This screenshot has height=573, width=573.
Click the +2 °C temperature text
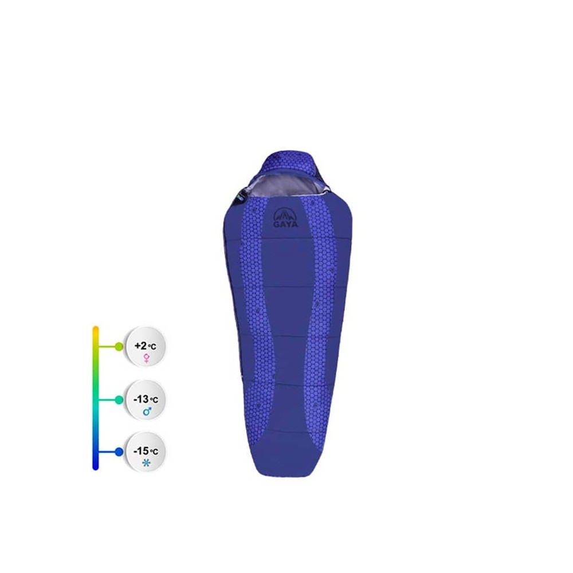pos(146,346)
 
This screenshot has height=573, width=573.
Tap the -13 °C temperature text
pos(146,399)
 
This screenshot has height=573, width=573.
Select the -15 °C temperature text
pos(146,452)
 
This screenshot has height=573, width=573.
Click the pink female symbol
pos(147,358)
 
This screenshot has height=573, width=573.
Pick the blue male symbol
pos(147,412)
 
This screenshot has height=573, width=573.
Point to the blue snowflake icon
pos(146,464)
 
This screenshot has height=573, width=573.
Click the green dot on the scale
pos(119,347)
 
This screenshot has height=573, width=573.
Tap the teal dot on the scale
pos(119,400)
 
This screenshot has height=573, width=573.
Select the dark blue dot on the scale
pos(119,452)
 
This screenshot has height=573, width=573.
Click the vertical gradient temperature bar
pos(96,398)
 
